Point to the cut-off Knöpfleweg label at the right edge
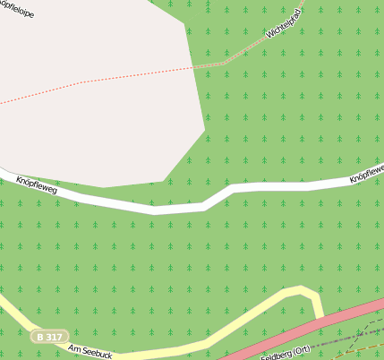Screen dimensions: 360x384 [367, 172]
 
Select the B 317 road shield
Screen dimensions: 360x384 [48, 337]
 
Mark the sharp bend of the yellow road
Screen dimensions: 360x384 [309, 291]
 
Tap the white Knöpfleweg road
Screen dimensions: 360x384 [179, 209]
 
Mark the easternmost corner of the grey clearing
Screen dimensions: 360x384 [205, 131]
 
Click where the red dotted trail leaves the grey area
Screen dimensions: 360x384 [193, 66]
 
